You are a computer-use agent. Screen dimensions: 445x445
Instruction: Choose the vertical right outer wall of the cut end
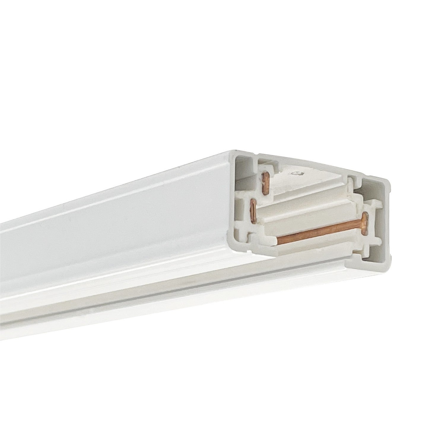coord(387,220)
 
